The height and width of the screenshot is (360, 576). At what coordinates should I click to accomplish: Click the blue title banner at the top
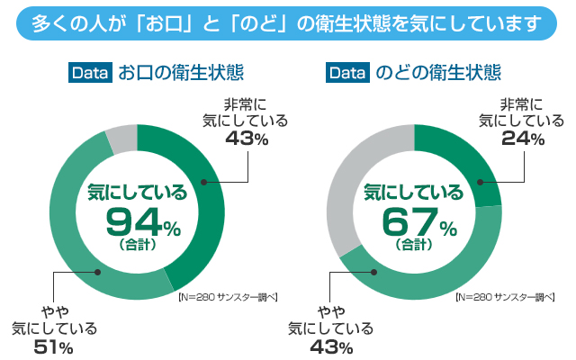tap(287, 22)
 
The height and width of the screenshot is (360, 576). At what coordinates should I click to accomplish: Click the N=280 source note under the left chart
tap(226, 296)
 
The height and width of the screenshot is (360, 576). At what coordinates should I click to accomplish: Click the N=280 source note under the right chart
tap(503, 296)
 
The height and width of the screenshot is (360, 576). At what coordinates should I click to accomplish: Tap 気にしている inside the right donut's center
tap(413, 191)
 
